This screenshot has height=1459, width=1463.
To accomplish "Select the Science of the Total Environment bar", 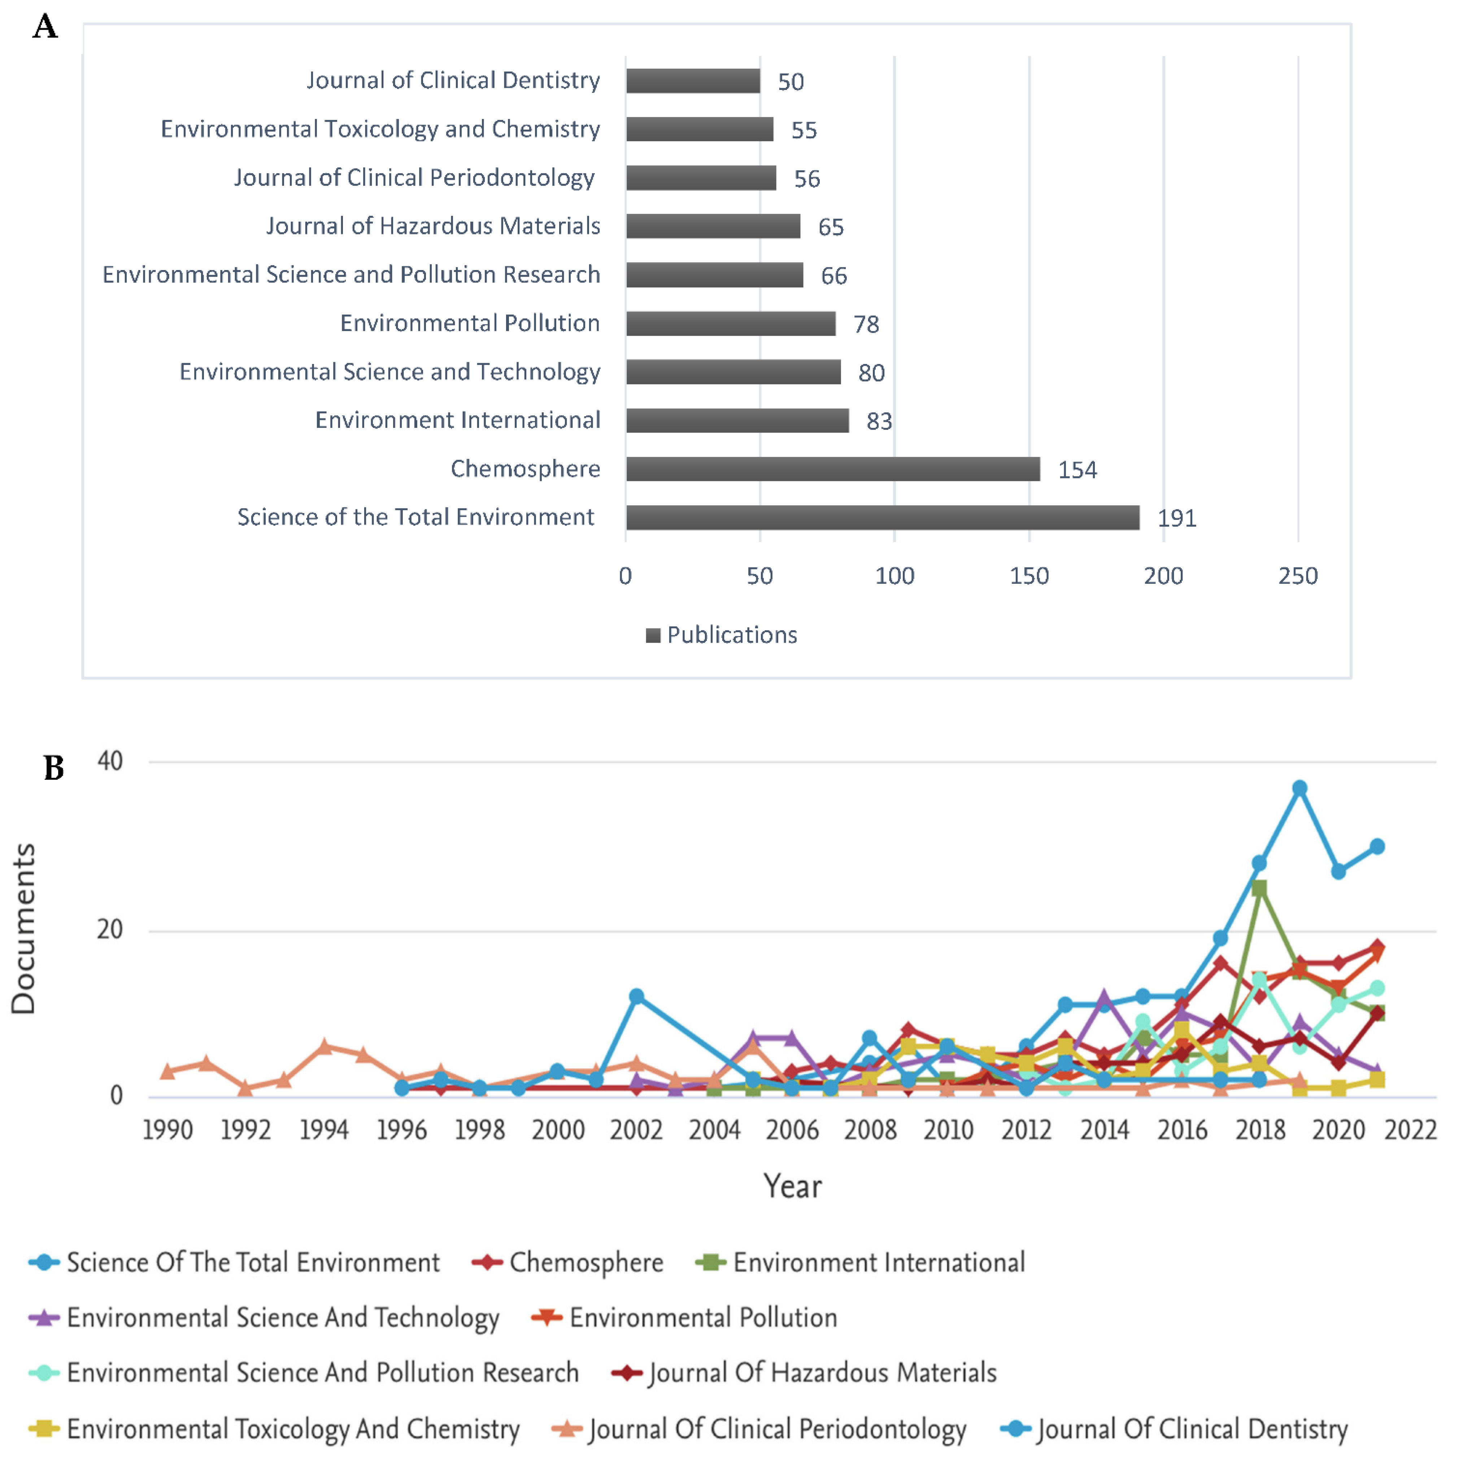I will pos(882,517).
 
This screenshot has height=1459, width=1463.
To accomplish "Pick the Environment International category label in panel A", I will pos(457,420).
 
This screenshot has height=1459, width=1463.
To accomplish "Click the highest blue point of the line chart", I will pos(1299,788).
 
